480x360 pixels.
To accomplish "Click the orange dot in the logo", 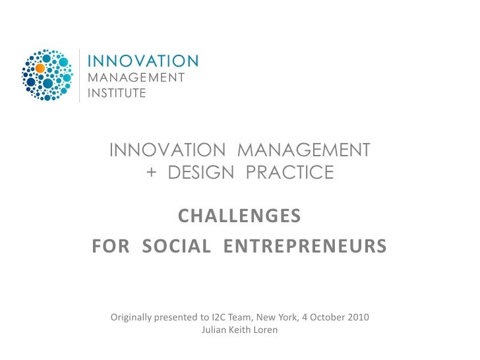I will (40, 67).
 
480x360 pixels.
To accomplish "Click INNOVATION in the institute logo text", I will (143, 61).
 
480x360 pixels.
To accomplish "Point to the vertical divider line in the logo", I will (80, 75).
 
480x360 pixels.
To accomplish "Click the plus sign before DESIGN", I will (152, 173).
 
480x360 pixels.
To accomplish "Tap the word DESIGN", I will (196, 173).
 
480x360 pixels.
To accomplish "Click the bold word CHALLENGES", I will (240, 216).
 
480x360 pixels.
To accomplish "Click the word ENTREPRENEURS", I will (305, 247).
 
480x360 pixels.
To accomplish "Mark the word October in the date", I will (326, 317).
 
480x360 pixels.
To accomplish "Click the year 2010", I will (359, 317).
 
